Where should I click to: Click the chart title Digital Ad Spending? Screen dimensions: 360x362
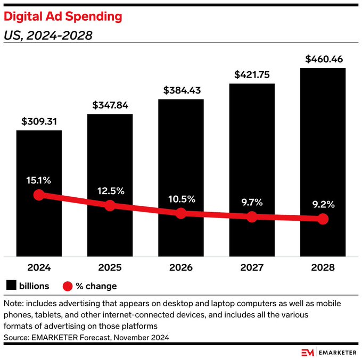pos(63,16)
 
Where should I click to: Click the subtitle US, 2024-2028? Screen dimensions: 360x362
pos(48,36)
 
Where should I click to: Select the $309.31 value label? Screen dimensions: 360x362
pos(39,121)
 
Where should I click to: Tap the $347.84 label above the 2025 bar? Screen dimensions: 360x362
pos(110,105)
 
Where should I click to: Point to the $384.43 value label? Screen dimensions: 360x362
pos(181,90)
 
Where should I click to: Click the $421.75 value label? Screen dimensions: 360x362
pos(252,74)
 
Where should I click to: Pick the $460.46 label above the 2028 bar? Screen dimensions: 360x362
pos(323,59)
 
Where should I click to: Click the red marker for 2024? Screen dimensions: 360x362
pos(39,195)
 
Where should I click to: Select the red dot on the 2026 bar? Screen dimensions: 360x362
pos(181,213)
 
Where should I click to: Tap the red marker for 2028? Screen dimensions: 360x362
pos(323,219)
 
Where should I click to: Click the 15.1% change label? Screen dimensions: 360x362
pos(39,180)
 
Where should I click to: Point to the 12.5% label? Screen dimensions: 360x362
pos(110,190)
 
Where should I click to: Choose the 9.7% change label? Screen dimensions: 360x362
pos(252,202)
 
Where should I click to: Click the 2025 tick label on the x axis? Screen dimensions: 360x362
pos(110,267)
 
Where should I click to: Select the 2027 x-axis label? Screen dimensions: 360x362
pos(252,267)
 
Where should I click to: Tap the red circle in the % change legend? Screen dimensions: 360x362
pos(68,286)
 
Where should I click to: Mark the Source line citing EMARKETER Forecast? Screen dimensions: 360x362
pos(86,337)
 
